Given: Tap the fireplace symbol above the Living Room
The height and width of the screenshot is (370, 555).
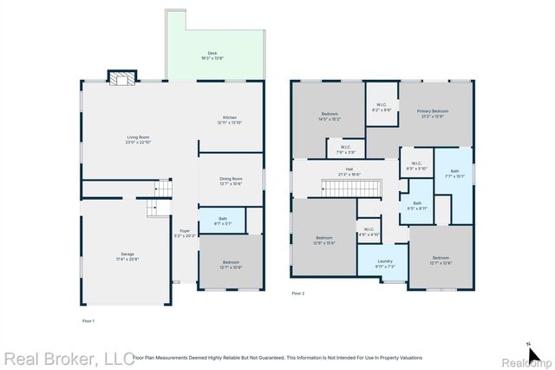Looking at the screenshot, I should pyautogui.click(x=121, y=78).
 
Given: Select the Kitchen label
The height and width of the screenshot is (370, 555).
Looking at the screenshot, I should pyautogui.click(x=229, y=120).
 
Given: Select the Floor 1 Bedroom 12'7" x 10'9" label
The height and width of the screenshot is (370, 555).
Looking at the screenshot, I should pyautogui.click(x=230, y=264).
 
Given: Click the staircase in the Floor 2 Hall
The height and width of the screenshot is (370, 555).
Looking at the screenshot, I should pyautogui.click(x=350, y=188).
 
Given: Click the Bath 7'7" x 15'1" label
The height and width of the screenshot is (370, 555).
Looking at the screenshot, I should pyautogui.click(x=454, y=173).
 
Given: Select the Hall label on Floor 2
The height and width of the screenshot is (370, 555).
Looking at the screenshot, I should pyautogui.click(x=349, y=171).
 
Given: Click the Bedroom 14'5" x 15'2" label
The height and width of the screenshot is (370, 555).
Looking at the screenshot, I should pyautogui.click(x=330, y=116).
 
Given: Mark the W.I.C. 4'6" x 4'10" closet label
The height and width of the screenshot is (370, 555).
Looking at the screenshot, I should pyautogui.click(x=369, y=232).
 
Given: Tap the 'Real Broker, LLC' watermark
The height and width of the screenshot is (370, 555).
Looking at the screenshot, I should pyautogui.click(x=69, y=358).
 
